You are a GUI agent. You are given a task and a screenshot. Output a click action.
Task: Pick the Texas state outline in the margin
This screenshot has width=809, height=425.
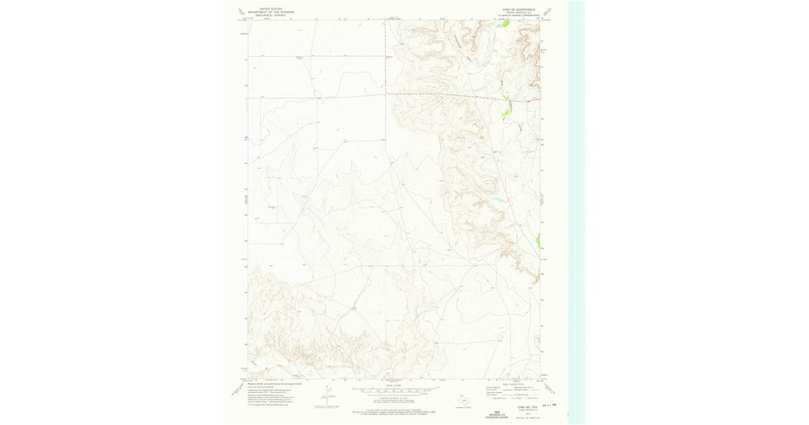[464, 400]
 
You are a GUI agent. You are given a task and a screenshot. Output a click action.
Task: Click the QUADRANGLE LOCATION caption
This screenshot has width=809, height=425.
[464, 407]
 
